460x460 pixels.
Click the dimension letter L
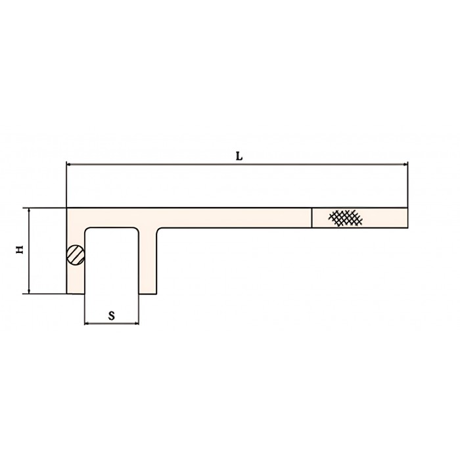tap(239, 156)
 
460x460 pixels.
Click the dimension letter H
tap(20, 250)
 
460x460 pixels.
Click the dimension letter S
tap(112, 316)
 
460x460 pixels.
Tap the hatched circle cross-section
tap(76, 255)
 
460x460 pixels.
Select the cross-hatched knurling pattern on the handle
tap(346, 218)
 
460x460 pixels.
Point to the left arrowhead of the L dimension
tap(69, 164)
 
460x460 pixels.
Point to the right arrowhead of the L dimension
tap(405, 164)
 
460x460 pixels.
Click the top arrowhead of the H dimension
tap(29, 211)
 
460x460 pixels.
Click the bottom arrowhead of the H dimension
tap(29, 290)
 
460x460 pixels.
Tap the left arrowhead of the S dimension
tap(87, 323)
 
